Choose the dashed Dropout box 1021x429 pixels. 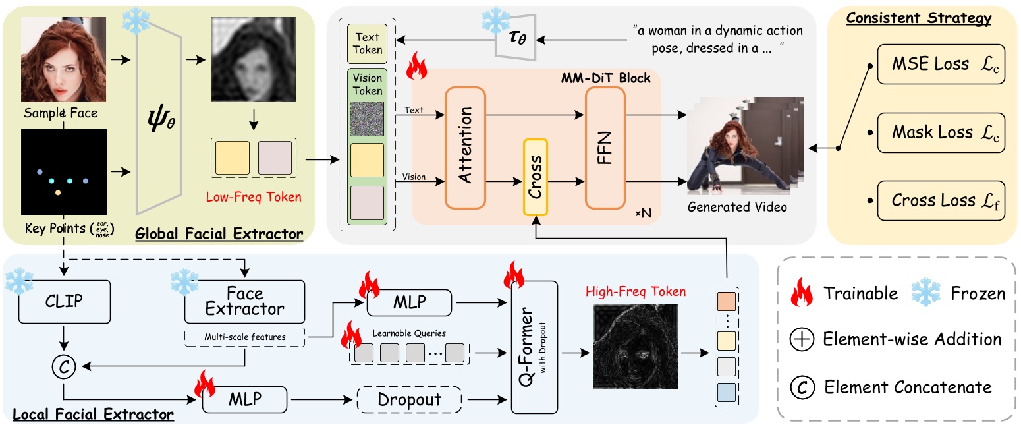coord(408,399)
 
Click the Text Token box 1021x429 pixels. coord(367,43)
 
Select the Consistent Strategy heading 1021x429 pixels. coord(918,18)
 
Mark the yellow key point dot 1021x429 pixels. coord(58,193)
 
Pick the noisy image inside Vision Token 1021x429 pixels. coord(367,119)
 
